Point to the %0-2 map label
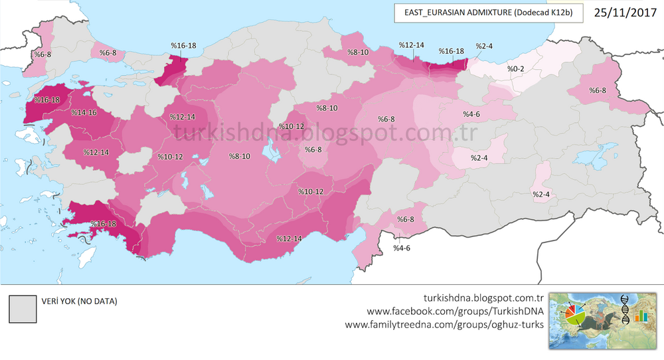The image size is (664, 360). pos(516,68)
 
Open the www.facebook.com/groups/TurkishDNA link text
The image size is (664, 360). pos(456,312)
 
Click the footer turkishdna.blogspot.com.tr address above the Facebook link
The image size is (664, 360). pos(483,298)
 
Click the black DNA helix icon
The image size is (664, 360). pos(625,310)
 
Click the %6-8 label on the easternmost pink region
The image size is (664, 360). pos(594,90)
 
